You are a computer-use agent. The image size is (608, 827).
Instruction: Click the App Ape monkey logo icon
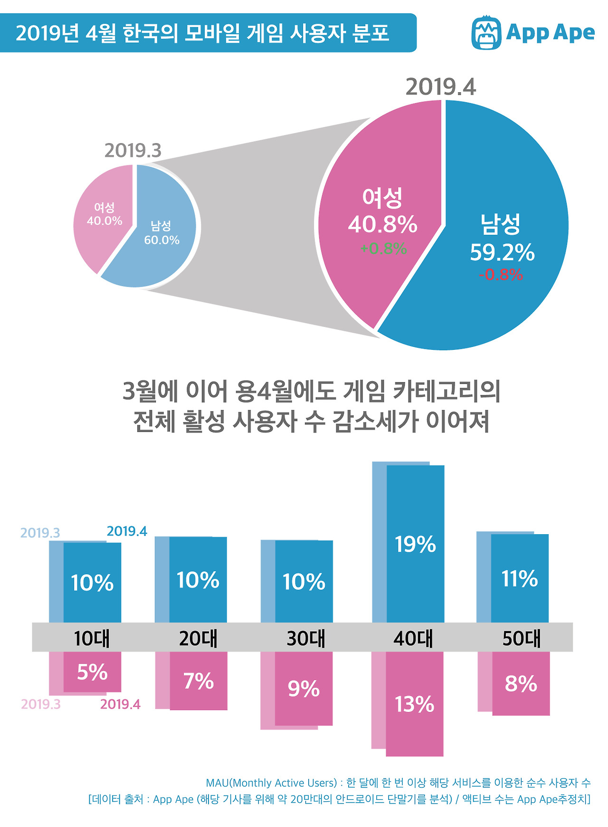coord(486,32)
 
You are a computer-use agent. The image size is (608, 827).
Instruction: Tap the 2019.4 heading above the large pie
coord(440,87)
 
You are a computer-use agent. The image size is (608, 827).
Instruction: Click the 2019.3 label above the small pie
coord(133,151)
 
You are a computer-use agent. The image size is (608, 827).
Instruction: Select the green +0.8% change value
coord(383,249)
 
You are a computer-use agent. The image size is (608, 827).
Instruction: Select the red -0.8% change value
coord(501,275)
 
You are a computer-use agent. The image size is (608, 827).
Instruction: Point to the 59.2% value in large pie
coord(502,253)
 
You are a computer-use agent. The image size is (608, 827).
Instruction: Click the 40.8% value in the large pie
coord(382,224)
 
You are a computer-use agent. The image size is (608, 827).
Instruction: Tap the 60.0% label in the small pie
coord(161,240)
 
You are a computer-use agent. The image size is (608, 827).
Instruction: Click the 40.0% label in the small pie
coord(104,221)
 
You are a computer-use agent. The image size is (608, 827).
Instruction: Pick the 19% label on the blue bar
coord(415,545)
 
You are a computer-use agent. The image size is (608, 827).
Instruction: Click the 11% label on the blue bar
coord(520,579)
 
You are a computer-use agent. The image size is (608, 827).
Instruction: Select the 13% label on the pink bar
coord(414,704)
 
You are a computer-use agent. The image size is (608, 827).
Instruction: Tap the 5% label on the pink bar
coord(92,672)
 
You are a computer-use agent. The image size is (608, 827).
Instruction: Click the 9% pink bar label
coord(304,689)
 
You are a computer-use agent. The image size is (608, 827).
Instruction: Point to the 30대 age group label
coord(306,638)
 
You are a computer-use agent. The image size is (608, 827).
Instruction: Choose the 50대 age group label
coord(522,638)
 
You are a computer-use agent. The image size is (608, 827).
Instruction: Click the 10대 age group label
coord(92,638)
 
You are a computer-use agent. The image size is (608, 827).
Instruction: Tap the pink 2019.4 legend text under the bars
coord(120,704)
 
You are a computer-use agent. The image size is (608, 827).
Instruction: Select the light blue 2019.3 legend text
coord(40,533)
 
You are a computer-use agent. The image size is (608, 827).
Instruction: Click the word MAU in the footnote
coord(217,783)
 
